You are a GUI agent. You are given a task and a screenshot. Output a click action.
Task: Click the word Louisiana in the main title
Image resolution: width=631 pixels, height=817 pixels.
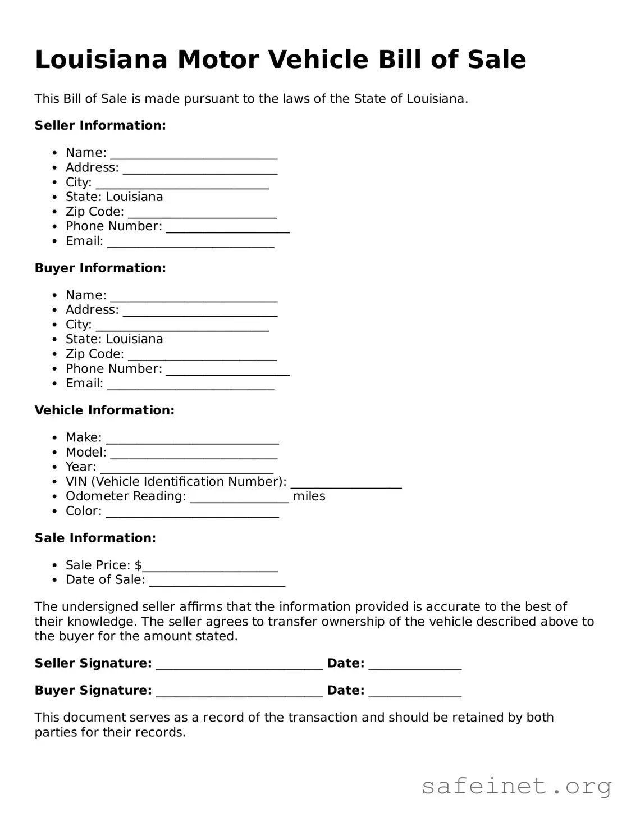[x=101, y=60]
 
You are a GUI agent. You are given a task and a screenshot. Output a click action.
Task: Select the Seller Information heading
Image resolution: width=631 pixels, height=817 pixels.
[x=100, y=125]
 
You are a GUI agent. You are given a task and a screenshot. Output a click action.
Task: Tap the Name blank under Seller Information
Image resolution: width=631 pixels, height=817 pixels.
[x=194, y=154]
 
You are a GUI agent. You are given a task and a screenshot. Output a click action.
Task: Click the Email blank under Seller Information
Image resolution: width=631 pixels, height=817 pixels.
[x=190, y=243]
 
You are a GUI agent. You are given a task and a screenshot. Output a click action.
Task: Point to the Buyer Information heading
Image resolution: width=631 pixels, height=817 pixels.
[x=100, y=268]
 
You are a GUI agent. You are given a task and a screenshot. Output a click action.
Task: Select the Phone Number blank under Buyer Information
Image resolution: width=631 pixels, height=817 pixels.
[x=227, y=370]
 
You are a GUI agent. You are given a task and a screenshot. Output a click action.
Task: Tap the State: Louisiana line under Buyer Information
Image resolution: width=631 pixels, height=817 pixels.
[x=114, y=339]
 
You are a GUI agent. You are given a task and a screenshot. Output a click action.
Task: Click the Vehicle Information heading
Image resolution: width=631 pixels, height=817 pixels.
[x=104, y=410]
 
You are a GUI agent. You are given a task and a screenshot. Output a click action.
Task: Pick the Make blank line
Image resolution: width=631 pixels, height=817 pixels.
[x=192, y=439]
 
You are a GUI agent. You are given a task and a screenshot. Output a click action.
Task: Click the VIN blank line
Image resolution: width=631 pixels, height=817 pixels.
[x=346, y=483]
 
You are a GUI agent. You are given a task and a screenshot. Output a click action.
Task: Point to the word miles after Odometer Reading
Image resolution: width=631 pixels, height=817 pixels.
[x=309, y=496]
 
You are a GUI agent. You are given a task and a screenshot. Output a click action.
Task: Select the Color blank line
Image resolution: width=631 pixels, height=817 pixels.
[x=192, y=512]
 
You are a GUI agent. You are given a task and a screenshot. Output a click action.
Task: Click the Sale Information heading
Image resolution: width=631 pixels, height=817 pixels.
[x=95, y=538]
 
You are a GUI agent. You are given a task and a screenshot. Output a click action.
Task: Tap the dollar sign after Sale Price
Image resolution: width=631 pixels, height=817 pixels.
[x=138, y=565]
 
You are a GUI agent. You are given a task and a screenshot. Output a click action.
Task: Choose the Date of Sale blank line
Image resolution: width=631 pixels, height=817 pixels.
[x=217, y=581]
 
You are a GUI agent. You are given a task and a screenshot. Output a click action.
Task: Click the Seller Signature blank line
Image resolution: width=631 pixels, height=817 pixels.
[x=239, y=665]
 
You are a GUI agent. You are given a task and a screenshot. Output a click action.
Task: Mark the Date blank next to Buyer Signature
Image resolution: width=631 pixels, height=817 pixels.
[x=415, y=692]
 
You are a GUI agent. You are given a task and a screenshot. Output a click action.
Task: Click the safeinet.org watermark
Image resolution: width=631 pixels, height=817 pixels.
[x=516, y=787]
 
